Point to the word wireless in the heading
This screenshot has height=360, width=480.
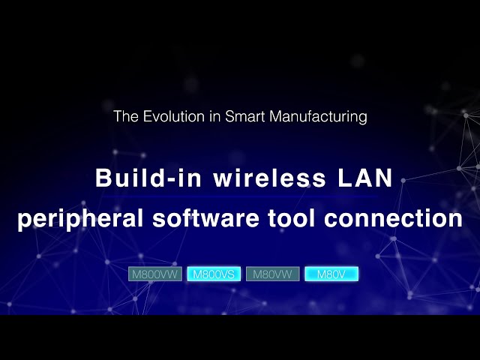click(253, 179)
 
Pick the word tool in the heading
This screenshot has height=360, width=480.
click(294, 219)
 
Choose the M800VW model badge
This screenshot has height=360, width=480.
click(155, 274)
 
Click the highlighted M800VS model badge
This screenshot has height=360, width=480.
click(214, 274)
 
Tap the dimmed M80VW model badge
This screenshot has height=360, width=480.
click(273, 274)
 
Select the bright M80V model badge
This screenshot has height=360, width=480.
click(331, 274)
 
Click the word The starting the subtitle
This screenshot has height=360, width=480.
click(124, 117)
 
